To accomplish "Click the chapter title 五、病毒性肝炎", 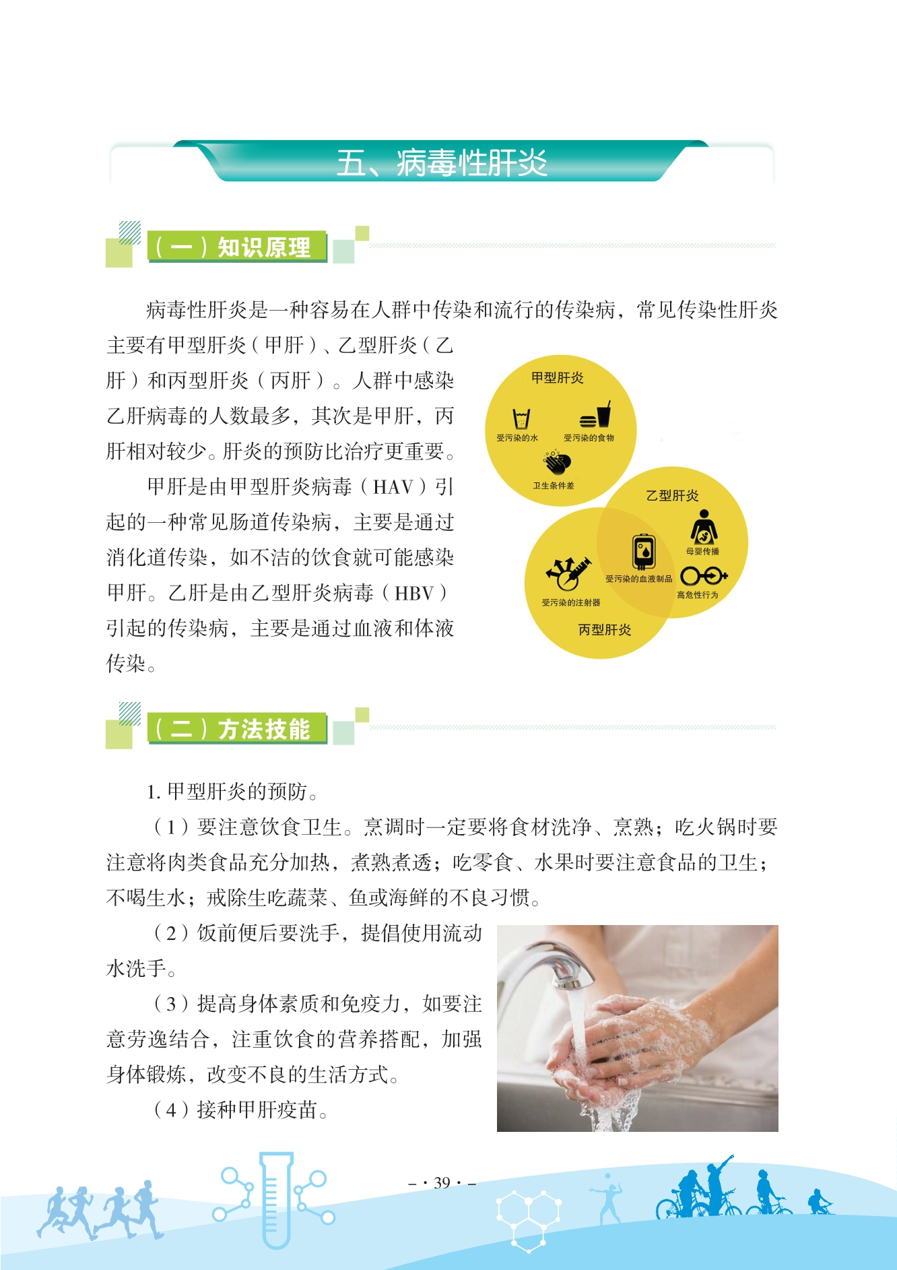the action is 442,163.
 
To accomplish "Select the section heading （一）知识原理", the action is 233,247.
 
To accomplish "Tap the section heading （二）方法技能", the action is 233,729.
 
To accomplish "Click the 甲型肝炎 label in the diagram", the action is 558,378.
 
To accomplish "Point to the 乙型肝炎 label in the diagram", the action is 672,496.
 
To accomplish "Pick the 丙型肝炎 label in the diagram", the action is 605,630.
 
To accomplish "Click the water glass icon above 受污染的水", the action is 521,419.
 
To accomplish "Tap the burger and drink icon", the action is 595,415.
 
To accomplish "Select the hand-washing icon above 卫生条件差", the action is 558,463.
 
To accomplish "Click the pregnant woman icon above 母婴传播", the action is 704,527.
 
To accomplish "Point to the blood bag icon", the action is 644,552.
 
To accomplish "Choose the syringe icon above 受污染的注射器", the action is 568,574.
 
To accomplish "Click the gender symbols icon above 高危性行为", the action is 704,576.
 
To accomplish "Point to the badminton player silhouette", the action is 607,1197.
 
